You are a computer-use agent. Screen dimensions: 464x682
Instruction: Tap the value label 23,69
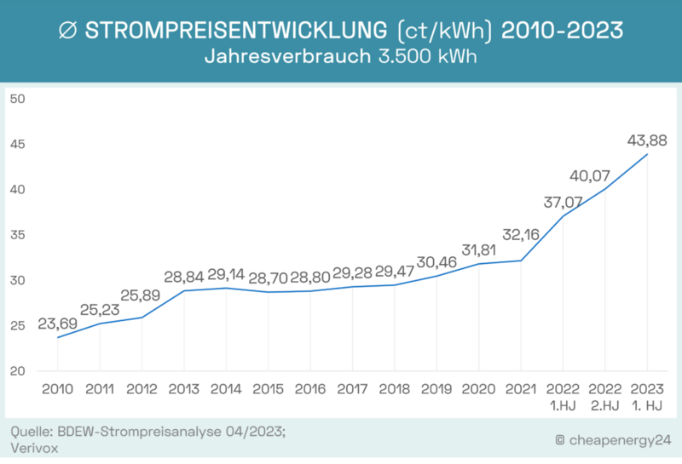[x=57, y=324]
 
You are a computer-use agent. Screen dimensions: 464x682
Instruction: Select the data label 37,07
[x=563, y=203]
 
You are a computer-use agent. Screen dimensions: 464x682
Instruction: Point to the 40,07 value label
[x=604, y=175]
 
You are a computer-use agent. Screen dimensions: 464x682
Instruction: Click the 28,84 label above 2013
[x=183, y=278]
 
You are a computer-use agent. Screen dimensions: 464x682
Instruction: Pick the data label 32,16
[x=522, y=234]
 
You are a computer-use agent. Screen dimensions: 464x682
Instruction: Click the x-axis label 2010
[x=57, y=389]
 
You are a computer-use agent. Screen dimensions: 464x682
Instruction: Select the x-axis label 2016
[x=310, y=389]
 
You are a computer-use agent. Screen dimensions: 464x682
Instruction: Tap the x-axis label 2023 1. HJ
[x=647, y=397]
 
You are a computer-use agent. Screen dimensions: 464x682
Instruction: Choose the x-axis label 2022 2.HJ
[x=604, y=397]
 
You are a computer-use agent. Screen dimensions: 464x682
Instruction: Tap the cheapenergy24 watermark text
[x=611, y=439]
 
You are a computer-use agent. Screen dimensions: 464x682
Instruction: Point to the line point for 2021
[x=521, y=261]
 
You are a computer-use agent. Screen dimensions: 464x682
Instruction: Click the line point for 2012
[x=142, y=318]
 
